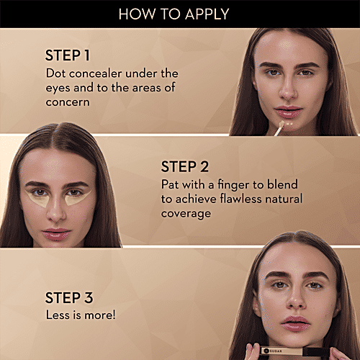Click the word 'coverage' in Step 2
coord(186,214)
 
